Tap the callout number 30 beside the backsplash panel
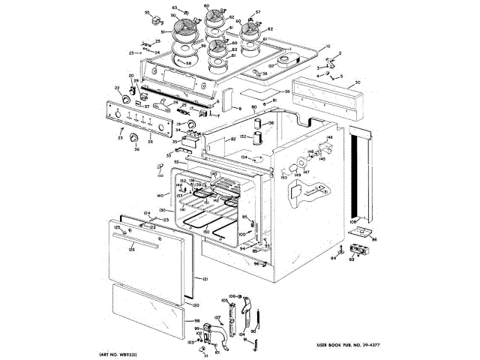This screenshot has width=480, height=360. point(358,82)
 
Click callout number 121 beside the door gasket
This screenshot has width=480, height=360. point(202,279)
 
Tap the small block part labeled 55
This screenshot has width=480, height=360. point(148,14)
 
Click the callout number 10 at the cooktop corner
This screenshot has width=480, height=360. point(327,47)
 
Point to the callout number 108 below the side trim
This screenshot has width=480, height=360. point(352,223)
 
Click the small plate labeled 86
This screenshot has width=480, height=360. point(364,235)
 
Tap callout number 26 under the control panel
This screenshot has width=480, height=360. point(149,140)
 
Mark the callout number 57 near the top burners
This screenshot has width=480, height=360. point(258,13)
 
